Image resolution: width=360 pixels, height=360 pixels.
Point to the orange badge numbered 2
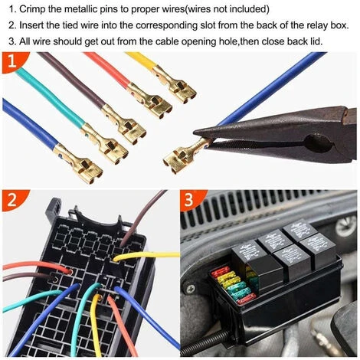(x=13, y=200)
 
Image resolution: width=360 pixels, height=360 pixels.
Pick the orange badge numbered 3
(x=191, y=200)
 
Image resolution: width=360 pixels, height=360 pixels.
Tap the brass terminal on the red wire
(x=150, y=100)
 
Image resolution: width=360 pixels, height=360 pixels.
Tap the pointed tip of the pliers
(x=195, y=133)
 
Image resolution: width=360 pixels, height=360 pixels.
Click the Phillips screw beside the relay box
(x=191, y=289)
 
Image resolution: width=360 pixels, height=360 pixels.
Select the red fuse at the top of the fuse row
(x=220, y=271)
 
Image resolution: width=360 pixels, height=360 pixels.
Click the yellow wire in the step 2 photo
(x=146, y=255)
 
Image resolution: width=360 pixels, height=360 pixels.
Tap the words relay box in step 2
(x=320, y=25)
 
